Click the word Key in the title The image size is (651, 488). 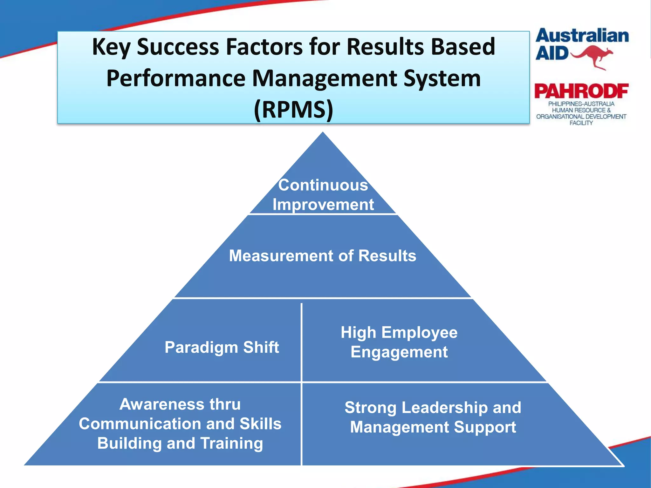pos(111,47)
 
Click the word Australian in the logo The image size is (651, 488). pos(582,36)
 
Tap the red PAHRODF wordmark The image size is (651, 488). pos(581,91)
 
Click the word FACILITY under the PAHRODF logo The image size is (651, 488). pos(581,123)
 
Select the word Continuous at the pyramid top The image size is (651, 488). pos(323,185)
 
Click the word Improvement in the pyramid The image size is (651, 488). pos(323,204)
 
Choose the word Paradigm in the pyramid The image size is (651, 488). pos(201,347)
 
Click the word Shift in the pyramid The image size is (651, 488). pos(261,347)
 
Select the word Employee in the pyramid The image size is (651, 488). pos(419,333)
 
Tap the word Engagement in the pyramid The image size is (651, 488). pos(399,352)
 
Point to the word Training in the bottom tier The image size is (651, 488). pos(231,443)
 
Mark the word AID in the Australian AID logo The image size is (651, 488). pos(552,53)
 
